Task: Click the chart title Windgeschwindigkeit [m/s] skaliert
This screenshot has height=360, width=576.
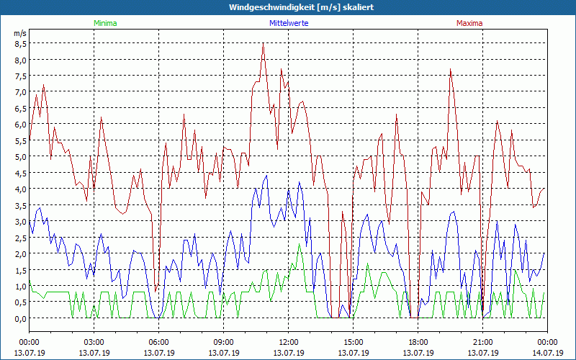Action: point(288,7)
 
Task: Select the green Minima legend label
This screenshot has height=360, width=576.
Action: point(104,23)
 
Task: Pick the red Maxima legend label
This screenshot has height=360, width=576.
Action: point(469,23)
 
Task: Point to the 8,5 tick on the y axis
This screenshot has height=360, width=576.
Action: point(21,43)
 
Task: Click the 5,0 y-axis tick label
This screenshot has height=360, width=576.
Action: point(21,156)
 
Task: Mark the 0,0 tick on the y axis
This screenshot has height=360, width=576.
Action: point(21,318)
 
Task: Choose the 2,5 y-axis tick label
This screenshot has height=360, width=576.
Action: point(21,238)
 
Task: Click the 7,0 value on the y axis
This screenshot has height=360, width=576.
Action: point(21,91)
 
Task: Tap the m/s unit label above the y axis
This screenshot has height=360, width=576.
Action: point(20,33)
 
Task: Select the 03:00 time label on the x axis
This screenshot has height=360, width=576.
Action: point(94,341)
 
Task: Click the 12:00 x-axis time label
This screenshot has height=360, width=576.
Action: point(289,341)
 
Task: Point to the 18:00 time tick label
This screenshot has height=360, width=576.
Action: point(418,341)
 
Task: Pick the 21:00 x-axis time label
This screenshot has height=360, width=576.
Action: point(483,341)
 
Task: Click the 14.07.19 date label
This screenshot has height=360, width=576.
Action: point(547,352)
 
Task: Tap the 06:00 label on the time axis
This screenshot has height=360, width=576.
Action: point(159,341)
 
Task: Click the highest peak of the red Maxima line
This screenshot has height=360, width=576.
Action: point(264,45)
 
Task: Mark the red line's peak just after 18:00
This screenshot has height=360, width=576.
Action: point(451,69)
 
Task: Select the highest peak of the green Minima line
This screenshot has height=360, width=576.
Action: point(300,244)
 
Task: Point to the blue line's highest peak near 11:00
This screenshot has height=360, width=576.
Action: point(266,175)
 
